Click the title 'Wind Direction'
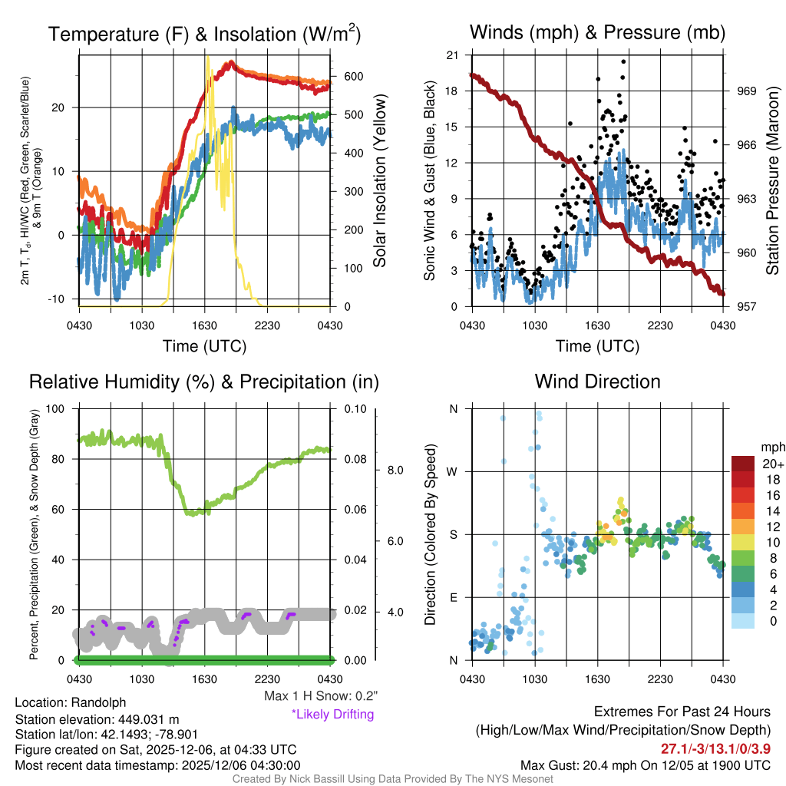click(x=597, y=381)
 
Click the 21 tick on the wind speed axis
click(x=452, y=55)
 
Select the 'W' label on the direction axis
click(x=453, y=471)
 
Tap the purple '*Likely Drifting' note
click(x=332, y=714)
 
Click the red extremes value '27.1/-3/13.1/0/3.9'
click(x=716, y=748)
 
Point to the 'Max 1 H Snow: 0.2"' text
click(x=320, y=696)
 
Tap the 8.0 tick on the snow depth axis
click(x=395, y=470)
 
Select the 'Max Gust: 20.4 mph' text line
click(x=586, y=765)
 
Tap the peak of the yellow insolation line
click(x=206, y=56)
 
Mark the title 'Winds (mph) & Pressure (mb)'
click(x=597, y=32)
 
